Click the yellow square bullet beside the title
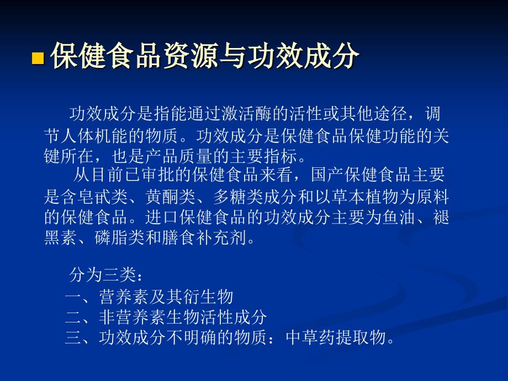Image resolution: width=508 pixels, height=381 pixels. (38, 58)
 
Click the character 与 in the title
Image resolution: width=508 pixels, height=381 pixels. (233, 56)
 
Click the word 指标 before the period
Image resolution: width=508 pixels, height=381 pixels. (281, 156)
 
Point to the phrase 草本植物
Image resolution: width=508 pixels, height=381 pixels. (365, 197)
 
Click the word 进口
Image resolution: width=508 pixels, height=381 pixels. (162, 218)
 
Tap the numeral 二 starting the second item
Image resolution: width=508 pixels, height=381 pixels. (73, 317)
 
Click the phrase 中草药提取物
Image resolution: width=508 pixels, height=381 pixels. (336, 337)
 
